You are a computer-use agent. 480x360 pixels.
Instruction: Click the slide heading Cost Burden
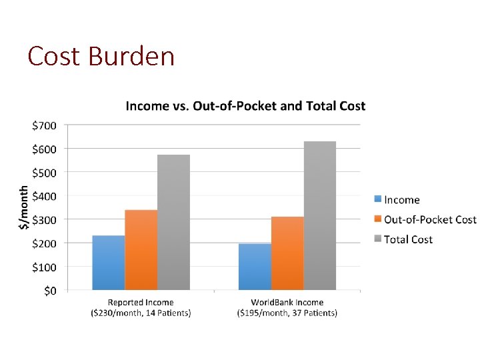click(x=101, y=56)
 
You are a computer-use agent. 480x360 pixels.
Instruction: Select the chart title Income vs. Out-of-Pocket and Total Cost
click(x=245, y=106)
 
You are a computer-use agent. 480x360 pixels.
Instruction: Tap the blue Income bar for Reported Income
click(x=109, y=263)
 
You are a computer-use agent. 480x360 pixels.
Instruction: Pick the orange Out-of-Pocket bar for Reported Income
click(x=141, y=250)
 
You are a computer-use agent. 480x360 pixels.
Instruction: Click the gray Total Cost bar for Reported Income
click(x=174, y=223)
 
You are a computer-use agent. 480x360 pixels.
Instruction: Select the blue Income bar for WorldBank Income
click(x=255, y=267)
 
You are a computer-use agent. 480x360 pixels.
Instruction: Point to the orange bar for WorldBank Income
click(x=287, y=253)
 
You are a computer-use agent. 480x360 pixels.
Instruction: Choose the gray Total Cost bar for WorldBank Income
click(x=320, y=216)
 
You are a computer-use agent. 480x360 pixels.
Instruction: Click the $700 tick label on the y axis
click(x=44, y=125)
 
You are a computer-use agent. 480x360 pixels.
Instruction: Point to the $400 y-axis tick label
click(x=44, y=196)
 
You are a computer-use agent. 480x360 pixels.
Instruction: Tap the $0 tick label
click(x=50, y=291)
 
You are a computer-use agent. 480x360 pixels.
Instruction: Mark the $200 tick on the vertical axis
click(x=44, y=243)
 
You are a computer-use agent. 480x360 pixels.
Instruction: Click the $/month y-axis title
click(x=24, y=207)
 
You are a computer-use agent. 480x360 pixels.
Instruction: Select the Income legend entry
click(x=402, y=200)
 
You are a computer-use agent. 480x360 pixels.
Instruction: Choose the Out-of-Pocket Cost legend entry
click(x=430, y=219)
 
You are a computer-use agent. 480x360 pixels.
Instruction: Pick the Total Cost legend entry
click(x=408, y=239)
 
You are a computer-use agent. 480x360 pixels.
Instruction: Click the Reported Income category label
click(x=141, y=303)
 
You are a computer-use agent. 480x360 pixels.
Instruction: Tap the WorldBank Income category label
click(x=287, y=303)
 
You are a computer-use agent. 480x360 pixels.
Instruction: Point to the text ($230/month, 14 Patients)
click(x=141, y=313)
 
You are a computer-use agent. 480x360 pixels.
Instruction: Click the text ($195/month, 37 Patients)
click(x=287, y=313)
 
